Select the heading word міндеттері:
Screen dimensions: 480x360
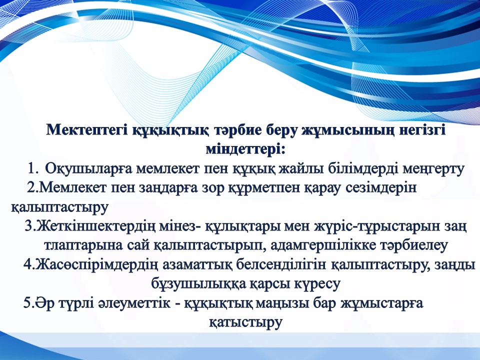(245, 149)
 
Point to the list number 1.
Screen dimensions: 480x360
(33, 168)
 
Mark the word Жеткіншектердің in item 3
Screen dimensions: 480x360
(97, 227)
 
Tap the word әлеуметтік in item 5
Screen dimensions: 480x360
(134, 303)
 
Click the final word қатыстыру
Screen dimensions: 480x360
(245, 322)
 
